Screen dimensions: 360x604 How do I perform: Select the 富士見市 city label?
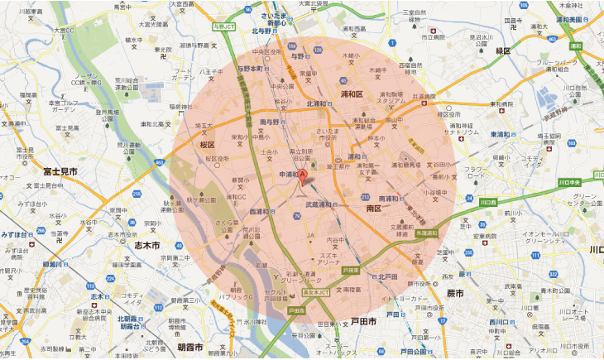pos(60,170)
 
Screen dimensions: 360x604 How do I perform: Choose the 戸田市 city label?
pos(361,321)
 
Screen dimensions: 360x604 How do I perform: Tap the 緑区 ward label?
pos(502,50)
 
